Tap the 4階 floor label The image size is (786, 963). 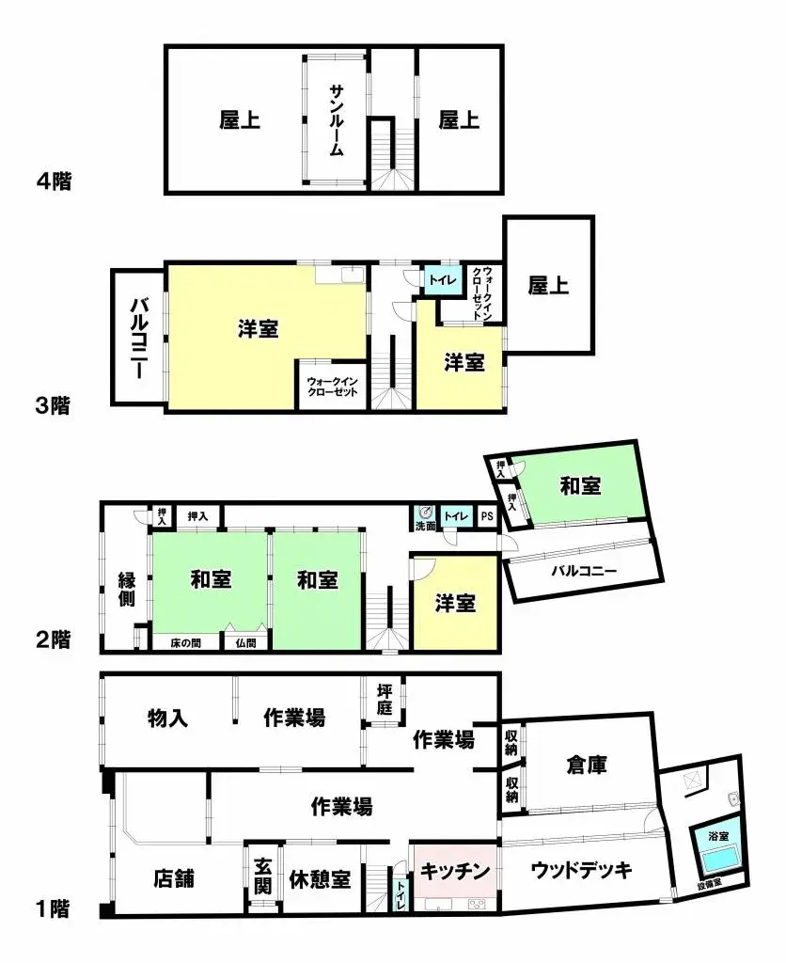coord(55,181)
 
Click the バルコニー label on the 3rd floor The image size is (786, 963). coord(137,337)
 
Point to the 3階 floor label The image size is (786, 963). coord(55,406)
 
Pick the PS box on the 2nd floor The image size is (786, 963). coord(486,516)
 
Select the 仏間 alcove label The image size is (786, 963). coord(246,643)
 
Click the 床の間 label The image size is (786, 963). coord(185,643)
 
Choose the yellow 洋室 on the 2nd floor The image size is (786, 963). coord(455,604)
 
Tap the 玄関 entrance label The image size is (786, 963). coord(262,877)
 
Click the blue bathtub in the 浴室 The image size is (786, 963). coord(717,858)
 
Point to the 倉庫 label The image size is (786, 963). coord(587,765)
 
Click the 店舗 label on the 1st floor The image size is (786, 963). coord(174,879)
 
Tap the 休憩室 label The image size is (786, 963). coord(319,879)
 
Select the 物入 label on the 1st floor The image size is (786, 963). coord(168,718)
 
